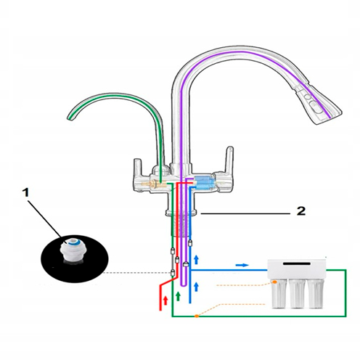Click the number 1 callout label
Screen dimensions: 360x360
click(25, 193)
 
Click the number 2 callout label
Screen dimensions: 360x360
click(301, 211)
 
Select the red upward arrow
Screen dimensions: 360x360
click(165, 300)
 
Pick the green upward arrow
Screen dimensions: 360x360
click(178, 296)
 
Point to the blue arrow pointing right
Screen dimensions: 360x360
click(242, 265)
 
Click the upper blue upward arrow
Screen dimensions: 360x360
click(197, 259)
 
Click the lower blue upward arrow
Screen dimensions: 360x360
click(197, 287)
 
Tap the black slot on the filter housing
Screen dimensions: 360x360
click(297, 263)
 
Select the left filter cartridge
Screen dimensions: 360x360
click(279, 293)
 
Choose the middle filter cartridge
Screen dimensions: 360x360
click(298, 293)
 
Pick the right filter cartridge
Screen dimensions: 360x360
click(316, 293)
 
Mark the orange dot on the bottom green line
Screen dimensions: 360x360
click(197, 316)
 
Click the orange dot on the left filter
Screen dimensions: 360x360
click(274, 282)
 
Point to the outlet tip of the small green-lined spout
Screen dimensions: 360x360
click(70, 118)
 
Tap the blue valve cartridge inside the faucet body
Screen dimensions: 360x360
click(204, 183)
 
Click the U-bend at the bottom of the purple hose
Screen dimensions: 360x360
click(184, 285)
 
